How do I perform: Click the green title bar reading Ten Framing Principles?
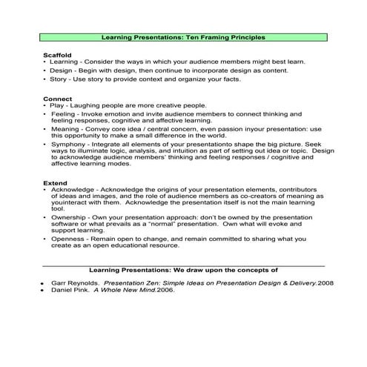point(182,36)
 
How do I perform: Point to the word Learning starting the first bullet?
point(65,62)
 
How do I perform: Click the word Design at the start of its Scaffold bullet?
point(62,70)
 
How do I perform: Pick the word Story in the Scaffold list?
point(59,79)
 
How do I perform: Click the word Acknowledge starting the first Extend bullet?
point(72,191)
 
